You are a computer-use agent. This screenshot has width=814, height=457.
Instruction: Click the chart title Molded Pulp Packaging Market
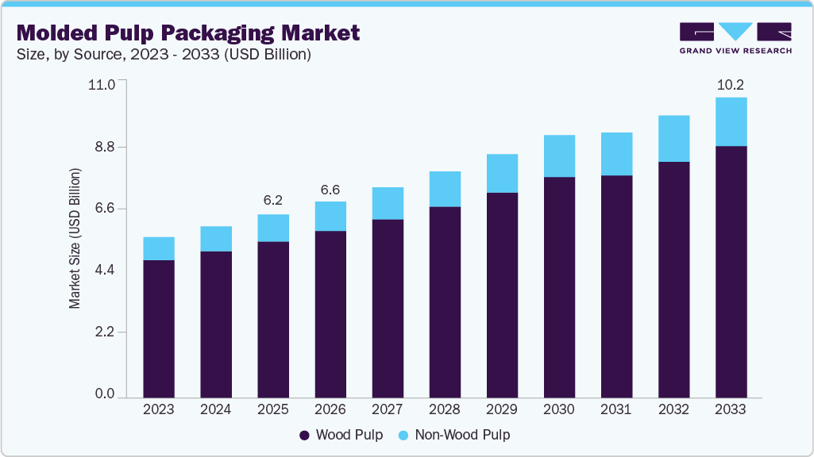[x=188, y=33]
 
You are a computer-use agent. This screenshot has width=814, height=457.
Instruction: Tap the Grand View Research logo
[x=735, y=38]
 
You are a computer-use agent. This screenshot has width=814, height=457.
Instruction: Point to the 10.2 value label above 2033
[x=730, y=84]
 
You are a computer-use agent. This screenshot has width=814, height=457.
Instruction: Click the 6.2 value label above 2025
[x=272, y=200]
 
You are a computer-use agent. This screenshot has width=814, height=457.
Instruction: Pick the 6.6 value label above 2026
[x=330, y=190]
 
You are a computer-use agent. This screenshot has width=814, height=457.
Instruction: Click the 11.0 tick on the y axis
[x=105, y=84]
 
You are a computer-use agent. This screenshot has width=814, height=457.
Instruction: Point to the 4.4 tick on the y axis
[x=105, y=271]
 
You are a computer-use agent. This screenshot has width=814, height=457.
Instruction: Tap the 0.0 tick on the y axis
[x=105, y=394]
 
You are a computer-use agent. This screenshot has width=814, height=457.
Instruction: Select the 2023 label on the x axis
[x=158, y=409]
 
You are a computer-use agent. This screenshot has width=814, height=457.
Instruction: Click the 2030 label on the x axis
[x=559, y=409]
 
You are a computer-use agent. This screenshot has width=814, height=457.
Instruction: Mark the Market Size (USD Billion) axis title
[x=75, y=238]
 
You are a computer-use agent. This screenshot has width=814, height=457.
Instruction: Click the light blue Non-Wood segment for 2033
[x=731, y=121]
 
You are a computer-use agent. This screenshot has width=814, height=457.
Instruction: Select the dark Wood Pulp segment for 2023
[x=158, y=328]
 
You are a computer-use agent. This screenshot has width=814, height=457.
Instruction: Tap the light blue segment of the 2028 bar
[x=445, y=189]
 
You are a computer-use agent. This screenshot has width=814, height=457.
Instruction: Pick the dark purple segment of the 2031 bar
[x=616, y=286]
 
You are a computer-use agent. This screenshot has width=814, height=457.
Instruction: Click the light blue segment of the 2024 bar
[x=215, y=239]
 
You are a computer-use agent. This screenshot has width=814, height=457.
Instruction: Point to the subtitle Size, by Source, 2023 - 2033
[x=164, y=55]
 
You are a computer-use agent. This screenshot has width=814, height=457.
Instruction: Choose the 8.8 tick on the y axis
[x=105, y=147]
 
